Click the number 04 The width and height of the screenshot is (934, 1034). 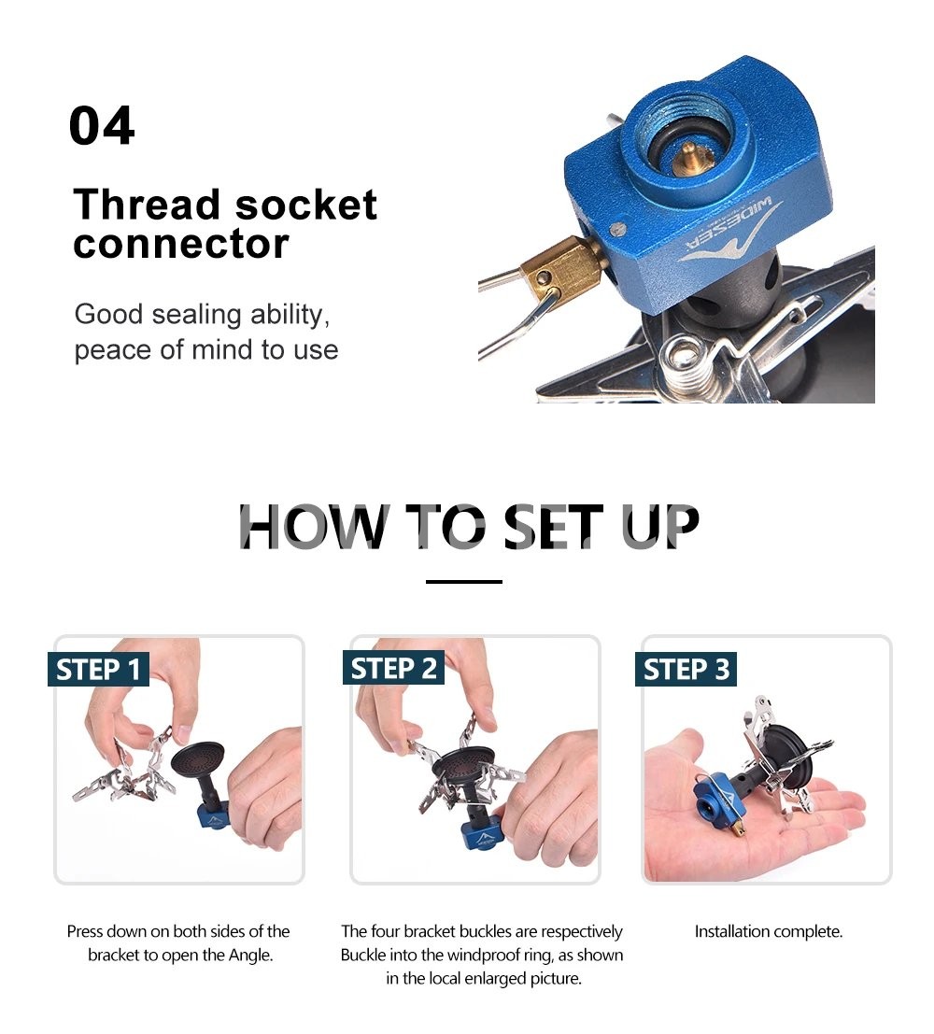pos(102,125)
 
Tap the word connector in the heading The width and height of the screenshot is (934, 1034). pos(181,244)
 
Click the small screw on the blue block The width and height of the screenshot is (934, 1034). pos(617,229)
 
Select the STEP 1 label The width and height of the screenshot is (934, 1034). pos(98,670)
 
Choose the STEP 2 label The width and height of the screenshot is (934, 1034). pos(393,669)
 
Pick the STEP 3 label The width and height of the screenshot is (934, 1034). pos(686,670)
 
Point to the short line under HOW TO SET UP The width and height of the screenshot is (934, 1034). pos(464,582)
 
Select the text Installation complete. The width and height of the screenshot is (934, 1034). pos(769,932)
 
